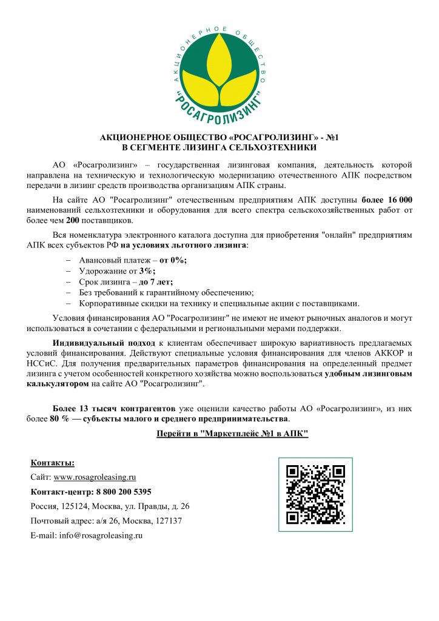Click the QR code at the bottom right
coord(315,494)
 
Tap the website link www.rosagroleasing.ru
coord(95,477)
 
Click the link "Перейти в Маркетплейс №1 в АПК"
coord(232,434)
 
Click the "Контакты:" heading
coord(52,463)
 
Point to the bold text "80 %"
coord(59,418)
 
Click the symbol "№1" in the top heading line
coord(332,138)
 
